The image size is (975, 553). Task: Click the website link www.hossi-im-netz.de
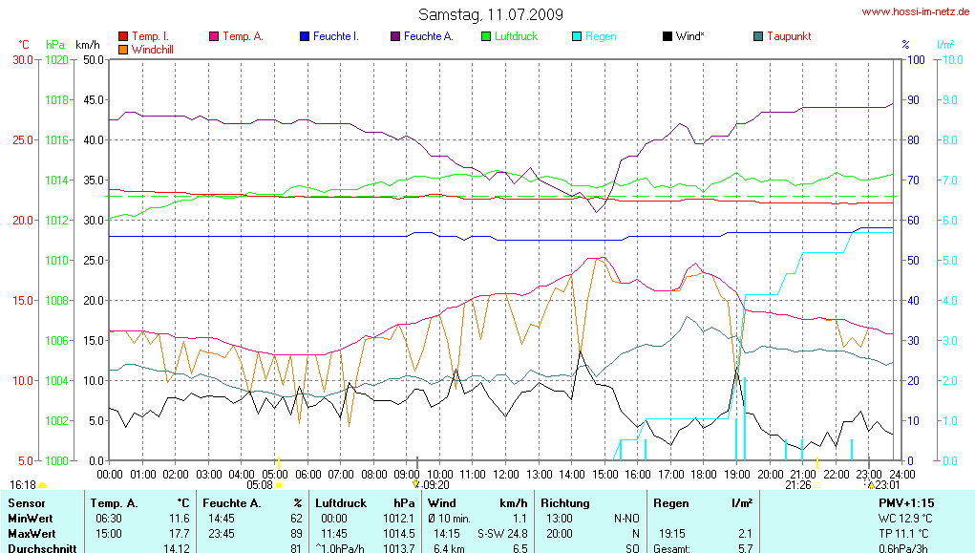pyautogui.click(x=916, y=12)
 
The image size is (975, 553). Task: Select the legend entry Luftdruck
pyautogui.click(x=517, y=36)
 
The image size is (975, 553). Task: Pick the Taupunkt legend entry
pyautogui.click(x=789, y=36)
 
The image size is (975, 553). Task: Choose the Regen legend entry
pyautogui.click(x=601, y=36)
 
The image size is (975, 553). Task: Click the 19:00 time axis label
pyautogui.click(x=737, y=474)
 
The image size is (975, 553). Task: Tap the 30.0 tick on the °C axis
pyautogui.click(x=22, y=59)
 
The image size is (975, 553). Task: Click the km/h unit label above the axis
pyautogui.click(x=88, y=45)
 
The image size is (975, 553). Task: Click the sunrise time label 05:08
pyautogui.click(x=260, y=485)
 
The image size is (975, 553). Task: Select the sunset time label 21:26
pyautogui.click(x=797, y=485)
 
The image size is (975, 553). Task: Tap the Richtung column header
pyautogui.click(x=564, y=502)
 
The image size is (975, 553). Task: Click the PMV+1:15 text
pyautogui.click(x=906, y=502)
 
